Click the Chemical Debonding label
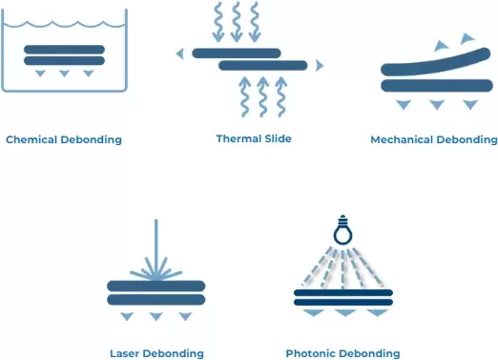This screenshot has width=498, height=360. coord(64,139)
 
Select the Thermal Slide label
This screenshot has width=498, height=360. coord(253,138)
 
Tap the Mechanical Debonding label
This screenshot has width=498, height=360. coord(434,139)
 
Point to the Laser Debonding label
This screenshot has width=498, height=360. coord(157,353)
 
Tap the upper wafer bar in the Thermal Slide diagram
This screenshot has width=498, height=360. coord(237,53)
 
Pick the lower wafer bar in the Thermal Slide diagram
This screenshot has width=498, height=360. coord(262,65)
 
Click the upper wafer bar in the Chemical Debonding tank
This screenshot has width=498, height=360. coord(64,49)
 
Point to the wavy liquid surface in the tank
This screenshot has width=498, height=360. coord(64,15)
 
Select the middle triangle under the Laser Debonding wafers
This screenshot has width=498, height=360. coord(156,316)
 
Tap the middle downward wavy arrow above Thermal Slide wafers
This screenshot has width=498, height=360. coord(236,22)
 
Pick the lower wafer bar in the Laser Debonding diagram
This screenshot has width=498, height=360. coord(156,300)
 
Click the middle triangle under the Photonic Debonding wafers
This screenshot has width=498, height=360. coord(344,312)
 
